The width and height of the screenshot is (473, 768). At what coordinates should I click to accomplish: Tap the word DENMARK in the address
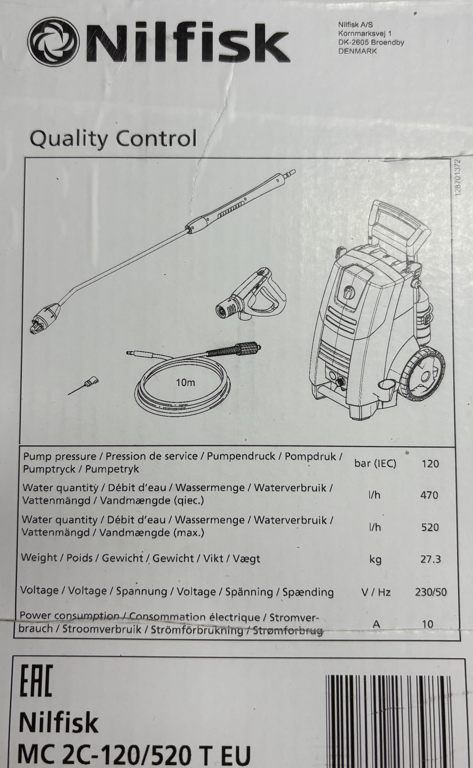357,51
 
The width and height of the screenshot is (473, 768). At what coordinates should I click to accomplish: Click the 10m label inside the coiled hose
185,382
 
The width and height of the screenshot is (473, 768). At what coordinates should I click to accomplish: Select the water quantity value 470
429,495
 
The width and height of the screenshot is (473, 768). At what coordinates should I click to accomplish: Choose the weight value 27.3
430,559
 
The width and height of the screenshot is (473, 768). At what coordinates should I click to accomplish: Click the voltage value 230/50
431,592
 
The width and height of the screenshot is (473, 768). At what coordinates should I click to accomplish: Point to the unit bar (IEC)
375,464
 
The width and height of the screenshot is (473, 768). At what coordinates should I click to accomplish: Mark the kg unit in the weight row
376,560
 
